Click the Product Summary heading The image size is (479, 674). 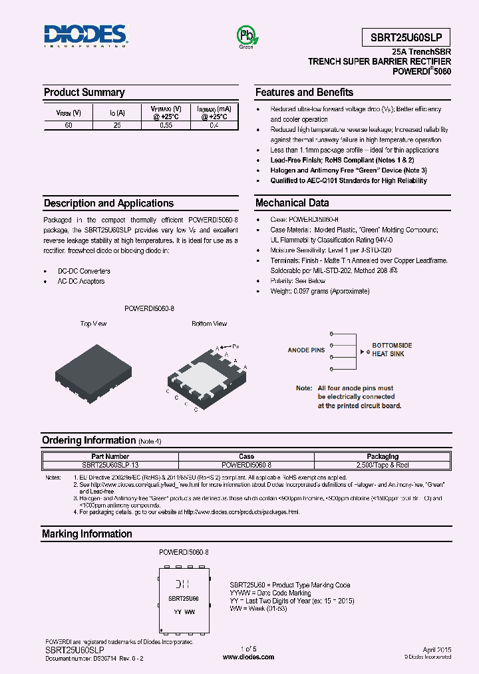(x=84, y=93)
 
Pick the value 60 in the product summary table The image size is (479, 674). (x=69, y=125)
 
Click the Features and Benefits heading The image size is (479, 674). (x=304, y=93)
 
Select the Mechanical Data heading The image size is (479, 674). (x=292, y=203)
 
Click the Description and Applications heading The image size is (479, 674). (x=108, y=203)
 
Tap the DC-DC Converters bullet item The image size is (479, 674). (x=84, y=271)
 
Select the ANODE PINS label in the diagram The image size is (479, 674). (x=306, y=350)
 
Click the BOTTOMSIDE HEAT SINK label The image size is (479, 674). (x=392, y=350)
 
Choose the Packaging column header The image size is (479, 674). (x=383, y=456)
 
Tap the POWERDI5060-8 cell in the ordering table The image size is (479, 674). (x=246, y=464)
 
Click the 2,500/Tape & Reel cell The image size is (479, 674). (x=383, y=464)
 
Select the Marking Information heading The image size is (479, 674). (x=86, y=534)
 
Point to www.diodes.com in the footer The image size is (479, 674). (x=248, y=657)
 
